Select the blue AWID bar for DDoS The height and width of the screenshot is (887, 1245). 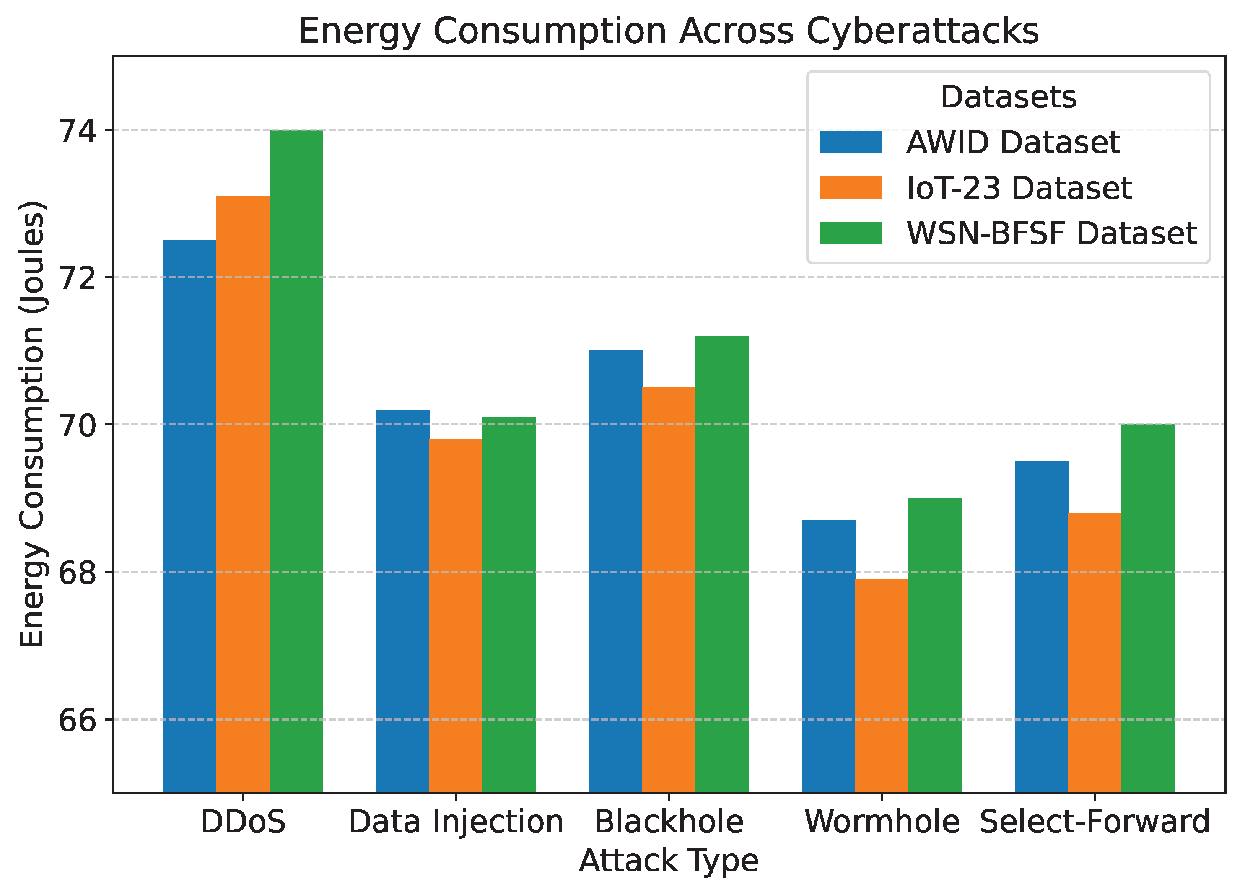tap(189, 516)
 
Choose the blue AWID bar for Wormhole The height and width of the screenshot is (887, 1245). tap(828, 656)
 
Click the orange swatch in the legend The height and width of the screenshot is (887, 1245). tap(850, 188)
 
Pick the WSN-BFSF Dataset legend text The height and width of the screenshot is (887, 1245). tap(1051, 233)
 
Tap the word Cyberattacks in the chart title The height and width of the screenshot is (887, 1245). tap(922, 31)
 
